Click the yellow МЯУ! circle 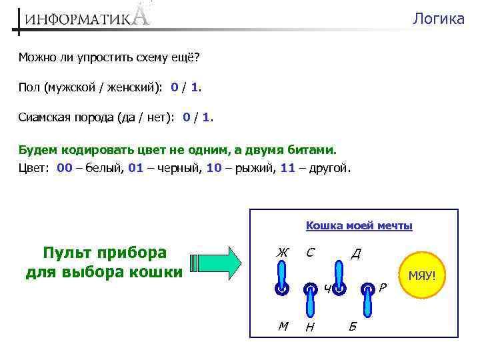[421, 275]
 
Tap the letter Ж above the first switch [282, 253]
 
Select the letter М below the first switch [283, 325]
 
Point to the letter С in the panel [310, 253]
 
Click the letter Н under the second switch [309, 327]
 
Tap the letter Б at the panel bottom [353, 326]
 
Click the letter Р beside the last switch [382, 288]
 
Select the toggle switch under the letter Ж [282, 278]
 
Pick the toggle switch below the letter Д [339, 279]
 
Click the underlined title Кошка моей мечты [359, 226]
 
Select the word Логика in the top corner [438, 19]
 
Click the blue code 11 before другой [287, 168]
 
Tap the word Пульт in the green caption [69, 253]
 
